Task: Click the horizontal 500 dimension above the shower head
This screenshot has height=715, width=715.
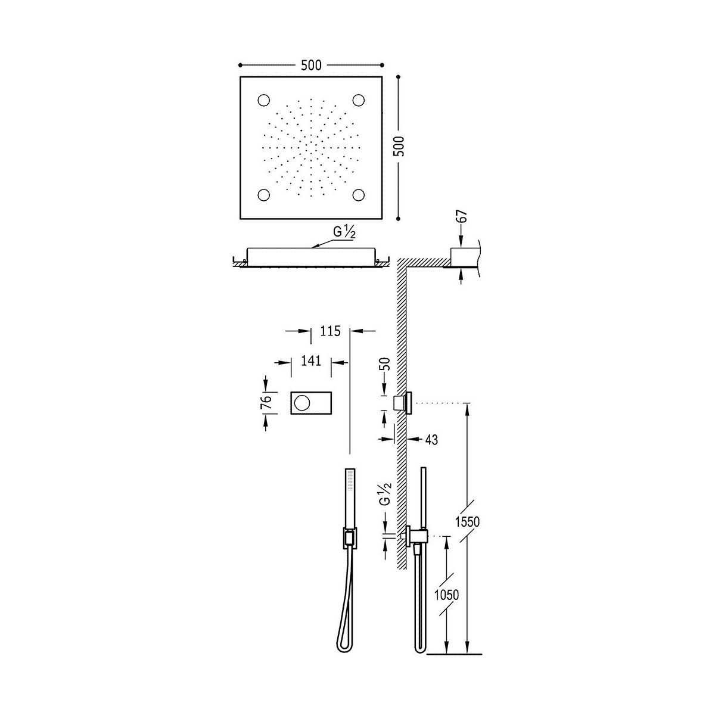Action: click(x=311, y=66)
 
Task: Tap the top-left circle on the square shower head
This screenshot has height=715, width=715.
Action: click(x=264, y=100)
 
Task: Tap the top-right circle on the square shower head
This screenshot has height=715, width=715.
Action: click(x=359, y=100)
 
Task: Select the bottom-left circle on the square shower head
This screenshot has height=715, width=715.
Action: click(x=264, y=195)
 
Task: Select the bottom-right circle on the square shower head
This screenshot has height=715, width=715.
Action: click(x=359, y=195)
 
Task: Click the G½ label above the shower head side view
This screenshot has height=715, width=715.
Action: click(x=344, y=232)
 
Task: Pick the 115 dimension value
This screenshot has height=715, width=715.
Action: click(x=330, y=331)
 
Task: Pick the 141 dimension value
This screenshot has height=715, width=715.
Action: click(x=311, y=360)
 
